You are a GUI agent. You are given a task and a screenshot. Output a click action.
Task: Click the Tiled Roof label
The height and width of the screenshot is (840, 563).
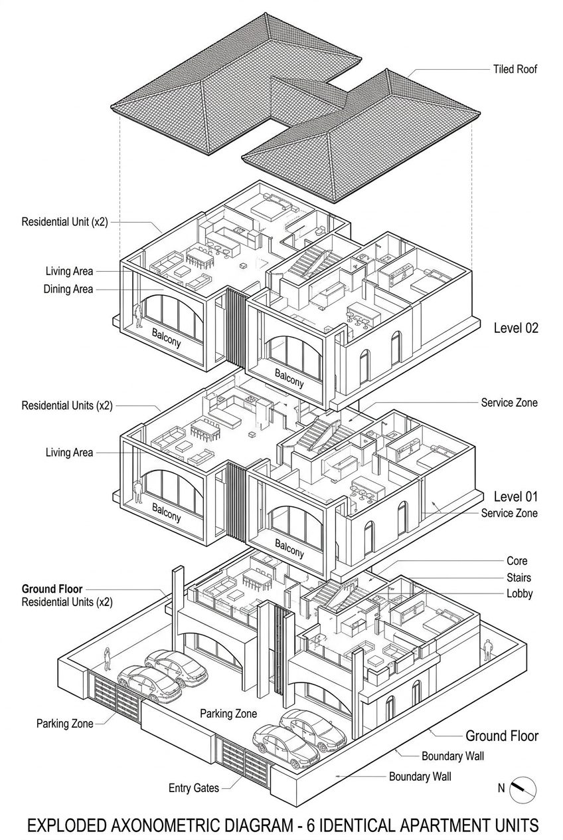pos(515,68)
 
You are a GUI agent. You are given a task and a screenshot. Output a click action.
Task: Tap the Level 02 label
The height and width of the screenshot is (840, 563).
pos(516,328)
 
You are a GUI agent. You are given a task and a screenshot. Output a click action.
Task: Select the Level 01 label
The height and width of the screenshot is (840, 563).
pos(516,496)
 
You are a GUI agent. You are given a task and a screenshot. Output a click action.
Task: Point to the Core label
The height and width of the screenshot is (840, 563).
pos(517,561)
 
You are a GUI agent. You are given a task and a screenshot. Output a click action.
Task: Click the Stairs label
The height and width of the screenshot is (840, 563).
pos(518,577)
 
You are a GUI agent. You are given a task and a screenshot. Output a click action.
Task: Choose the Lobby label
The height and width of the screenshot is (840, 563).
pos(519,593)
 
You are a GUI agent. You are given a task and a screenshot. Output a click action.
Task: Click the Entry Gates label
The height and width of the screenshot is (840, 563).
pos(193,788)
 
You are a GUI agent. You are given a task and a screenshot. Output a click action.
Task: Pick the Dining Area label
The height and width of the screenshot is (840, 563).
pos(68,289)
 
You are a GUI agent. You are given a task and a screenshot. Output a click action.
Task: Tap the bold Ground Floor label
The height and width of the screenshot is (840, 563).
pos(52,589)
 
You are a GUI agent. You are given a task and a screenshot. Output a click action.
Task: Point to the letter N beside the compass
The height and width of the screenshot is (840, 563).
pos(501,789)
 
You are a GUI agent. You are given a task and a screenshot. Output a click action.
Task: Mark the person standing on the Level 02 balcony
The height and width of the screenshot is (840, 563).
pos(139,315)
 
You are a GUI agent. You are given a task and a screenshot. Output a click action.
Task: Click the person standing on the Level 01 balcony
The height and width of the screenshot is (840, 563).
pos(138,491)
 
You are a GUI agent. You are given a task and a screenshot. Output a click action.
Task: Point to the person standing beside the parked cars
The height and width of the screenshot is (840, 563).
pos(106,659)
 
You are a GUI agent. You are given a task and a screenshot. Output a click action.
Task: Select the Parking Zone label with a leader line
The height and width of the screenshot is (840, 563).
pos(64,724)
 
